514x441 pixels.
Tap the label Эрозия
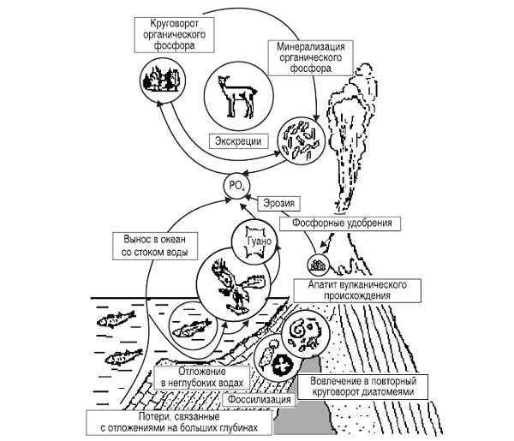click(x=279, y=203)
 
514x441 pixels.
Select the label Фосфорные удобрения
click(x=340, y=223)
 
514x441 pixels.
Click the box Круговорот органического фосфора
click(x=175, y=35)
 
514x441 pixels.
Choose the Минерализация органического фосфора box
click(x=311, y=58)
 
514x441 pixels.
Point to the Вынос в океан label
click(x=155, y=246)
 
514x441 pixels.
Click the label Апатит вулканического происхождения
click(x=357, y=290)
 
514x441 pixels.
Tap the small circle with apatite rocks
click(x=319, y=265)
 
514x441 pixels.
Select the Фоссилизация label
click(x=259, y=400)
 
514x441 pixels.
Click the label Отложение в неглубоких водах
click(x=202, y=378)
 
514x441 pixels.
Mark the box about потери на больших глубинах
click(x=179, y=423)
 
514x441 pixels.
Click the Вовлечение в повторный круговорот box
click(x=363, y=387)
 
